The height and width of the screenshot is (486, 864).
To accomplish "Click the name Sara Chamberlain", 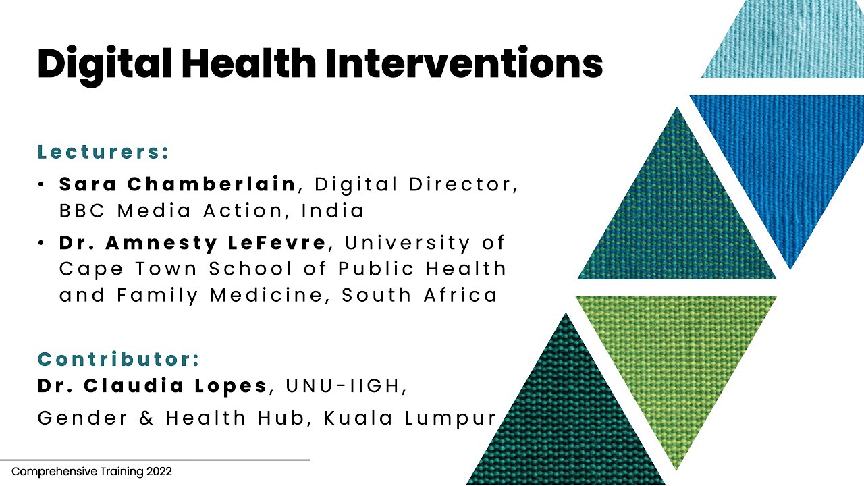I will pyautogui.click(x=178, y=184).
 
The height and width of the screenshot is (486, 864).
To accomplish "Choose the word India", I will pyautogui.click(x=333, y=211).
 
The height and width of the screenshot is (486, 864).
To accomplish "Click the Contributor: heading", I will pyautogui.click(x=119, y=359).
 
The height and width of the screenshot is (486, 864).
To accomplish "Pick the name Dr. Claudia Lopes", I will pyautogui.click(x=153, y=386).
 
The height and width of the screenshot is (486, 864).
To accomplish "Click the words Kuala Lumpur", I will pyautogui.click(x=410, y=418).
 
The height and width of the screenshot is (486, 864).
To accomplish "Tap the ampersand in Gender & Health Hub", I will pyautogui.click(x=146, y=418).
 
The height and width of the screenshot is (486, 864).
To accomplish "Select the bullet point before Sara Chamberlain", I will pyautogui.click(x=42, y=184).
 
